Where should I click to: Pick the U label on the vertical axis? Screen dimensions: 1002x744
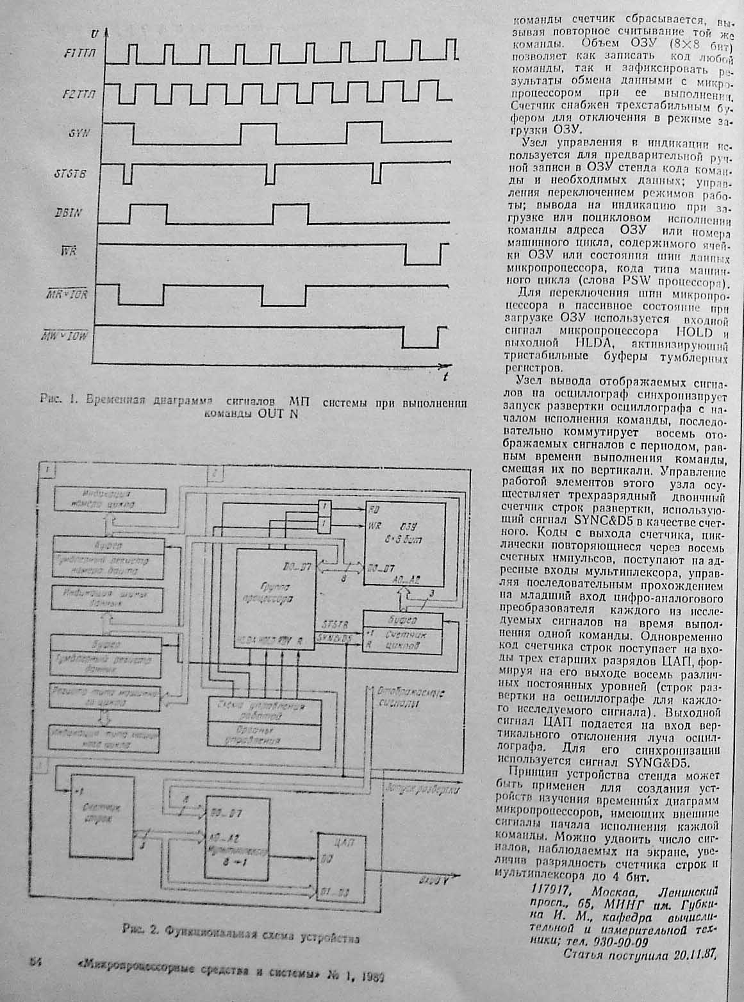95,31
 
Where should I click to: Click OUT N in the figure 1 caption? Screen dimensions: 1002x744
277,413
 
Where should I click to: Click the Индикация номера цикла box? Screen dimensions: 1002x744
106,499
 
